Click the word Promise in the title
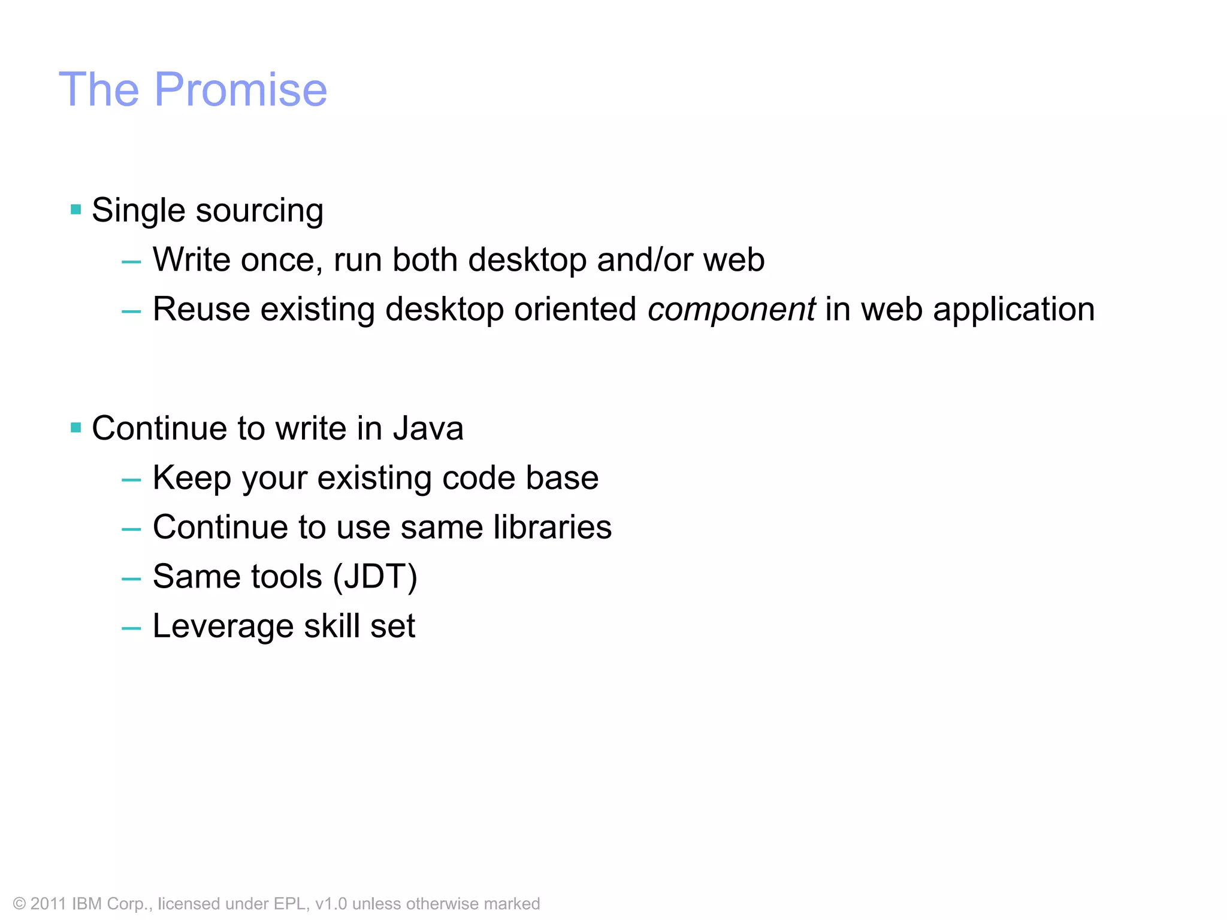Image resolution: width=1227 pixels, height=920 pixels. pyautogui.click(x=241, y=90)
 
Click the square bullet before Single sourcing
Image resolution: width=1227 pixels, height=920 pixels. pyautogui.click(x=75, y=210)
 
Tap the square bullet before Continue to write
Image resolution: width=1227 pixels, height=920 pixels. pyautogui.click(x=75, y=428)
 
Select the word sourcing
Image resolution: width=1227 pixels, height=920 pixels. pyautogui.click(x=259, y=211)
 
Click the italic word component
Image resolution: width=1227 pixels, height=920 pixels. pyautogui.click(x=731, y=310)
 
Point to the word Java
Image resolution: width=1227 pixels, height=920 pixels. pyautogui.click(x=428, y=429)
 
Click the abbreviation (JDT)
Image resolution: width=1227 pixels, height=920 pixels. pyautogui.click(x=375, y=577)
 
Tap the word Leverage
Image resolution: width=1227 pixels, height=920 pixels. pyautogui.click(x=223, y=627)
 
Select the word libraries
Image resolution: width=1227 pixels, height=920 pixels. pyautogui.click(x=552, y=527)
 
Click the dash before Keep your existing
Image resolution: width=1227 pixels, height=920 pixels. pyautogui.click(x=131, y=480)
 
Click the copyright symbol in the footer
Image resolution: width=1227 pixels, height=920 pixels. pyautogui.click(x=20, y=904)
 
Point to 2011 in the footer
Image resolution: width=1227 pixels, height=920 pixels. pyautogui.click(x=48, y=904)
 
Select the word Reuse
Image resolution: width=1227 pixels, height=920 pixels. pyautogui.click(x=201, y=310)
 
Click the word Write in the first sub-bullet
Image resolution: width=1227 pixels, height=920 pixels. pyautogui.click(x=192, y=260)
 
